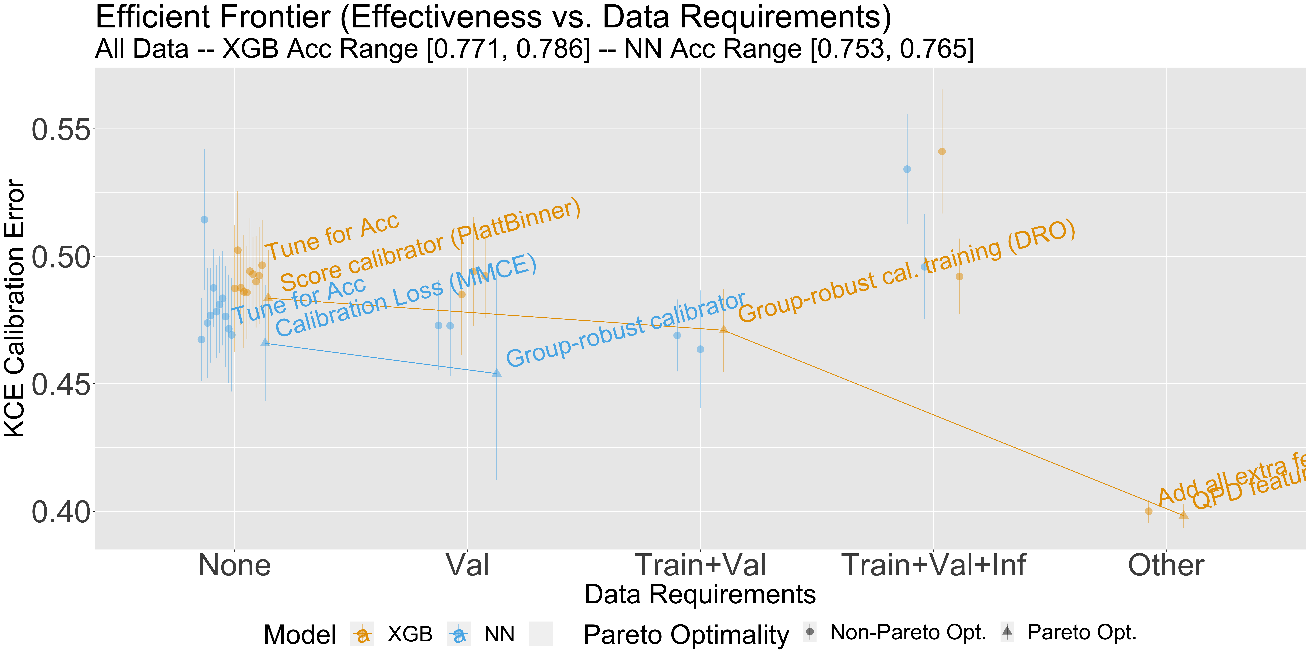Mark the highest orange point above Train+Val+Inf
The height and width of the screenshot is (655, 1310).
942,152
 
